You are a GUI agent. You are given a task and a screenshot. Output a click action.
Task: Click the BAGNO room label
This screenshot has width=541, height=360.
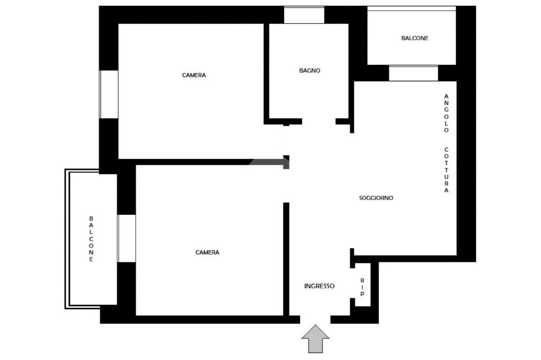310,70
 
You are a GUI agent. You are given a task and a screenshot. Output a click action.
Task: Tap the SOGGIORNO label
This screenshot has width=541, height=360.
376,198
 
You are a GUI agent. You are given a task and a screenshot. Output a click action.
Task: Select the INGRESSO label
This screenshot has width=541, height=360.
319,286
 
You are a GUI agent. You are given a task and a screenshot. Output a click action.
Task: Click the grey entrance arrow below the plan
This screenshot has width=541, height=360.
315,338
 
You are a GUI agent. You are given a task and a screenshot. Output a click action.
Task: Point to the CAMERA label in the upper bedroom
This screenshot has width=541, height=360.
194,75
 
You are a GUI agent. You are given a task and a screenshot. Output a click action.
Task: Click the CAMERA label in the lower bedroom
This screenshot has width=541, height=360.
207,252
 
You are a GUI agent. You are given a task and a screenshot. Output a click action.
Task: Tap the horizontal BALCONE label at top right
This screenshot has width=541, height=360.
414,39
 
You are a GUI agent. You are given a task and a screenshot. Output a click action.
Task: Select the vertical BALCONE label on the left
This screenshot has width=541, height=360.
91,239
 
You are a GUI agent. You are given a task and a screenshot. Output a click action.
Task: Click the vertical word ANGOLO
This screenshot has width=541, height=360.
446,113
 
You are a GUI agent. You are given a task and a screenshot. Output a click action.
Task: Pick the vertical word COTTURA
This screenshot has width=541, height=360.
446,170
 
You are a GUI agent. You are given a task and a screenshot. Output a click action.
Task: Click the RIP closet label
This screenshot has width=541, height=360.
362,288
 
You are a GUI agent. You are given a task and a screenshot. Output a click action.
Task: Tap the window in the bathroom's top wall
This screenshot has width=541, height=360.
304,15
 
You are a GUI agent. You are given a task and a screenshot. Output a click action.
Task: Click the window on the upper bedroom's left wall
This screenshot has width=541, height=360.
109,94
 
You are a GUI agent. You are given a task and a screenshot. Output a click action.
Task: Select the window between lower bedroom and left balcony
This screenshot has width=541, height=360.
126,238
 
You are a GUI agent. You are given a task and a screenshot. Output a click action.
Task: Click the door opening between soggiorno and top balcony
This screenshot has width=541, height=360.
413,73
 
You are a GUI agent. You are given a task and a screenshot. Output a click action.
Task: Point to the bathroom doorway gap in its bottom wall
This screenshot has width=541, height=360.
319,121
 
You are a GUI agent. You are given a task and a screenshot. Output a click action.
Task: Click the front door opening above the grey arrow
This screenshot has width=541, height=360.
315,320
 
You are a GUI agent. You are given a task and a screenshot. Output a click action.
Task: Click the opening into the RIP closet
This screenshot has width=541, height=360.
352,283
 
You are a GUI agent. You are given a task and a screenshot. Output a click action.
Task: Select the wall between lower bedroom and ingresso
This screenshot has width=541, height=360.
286,259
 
